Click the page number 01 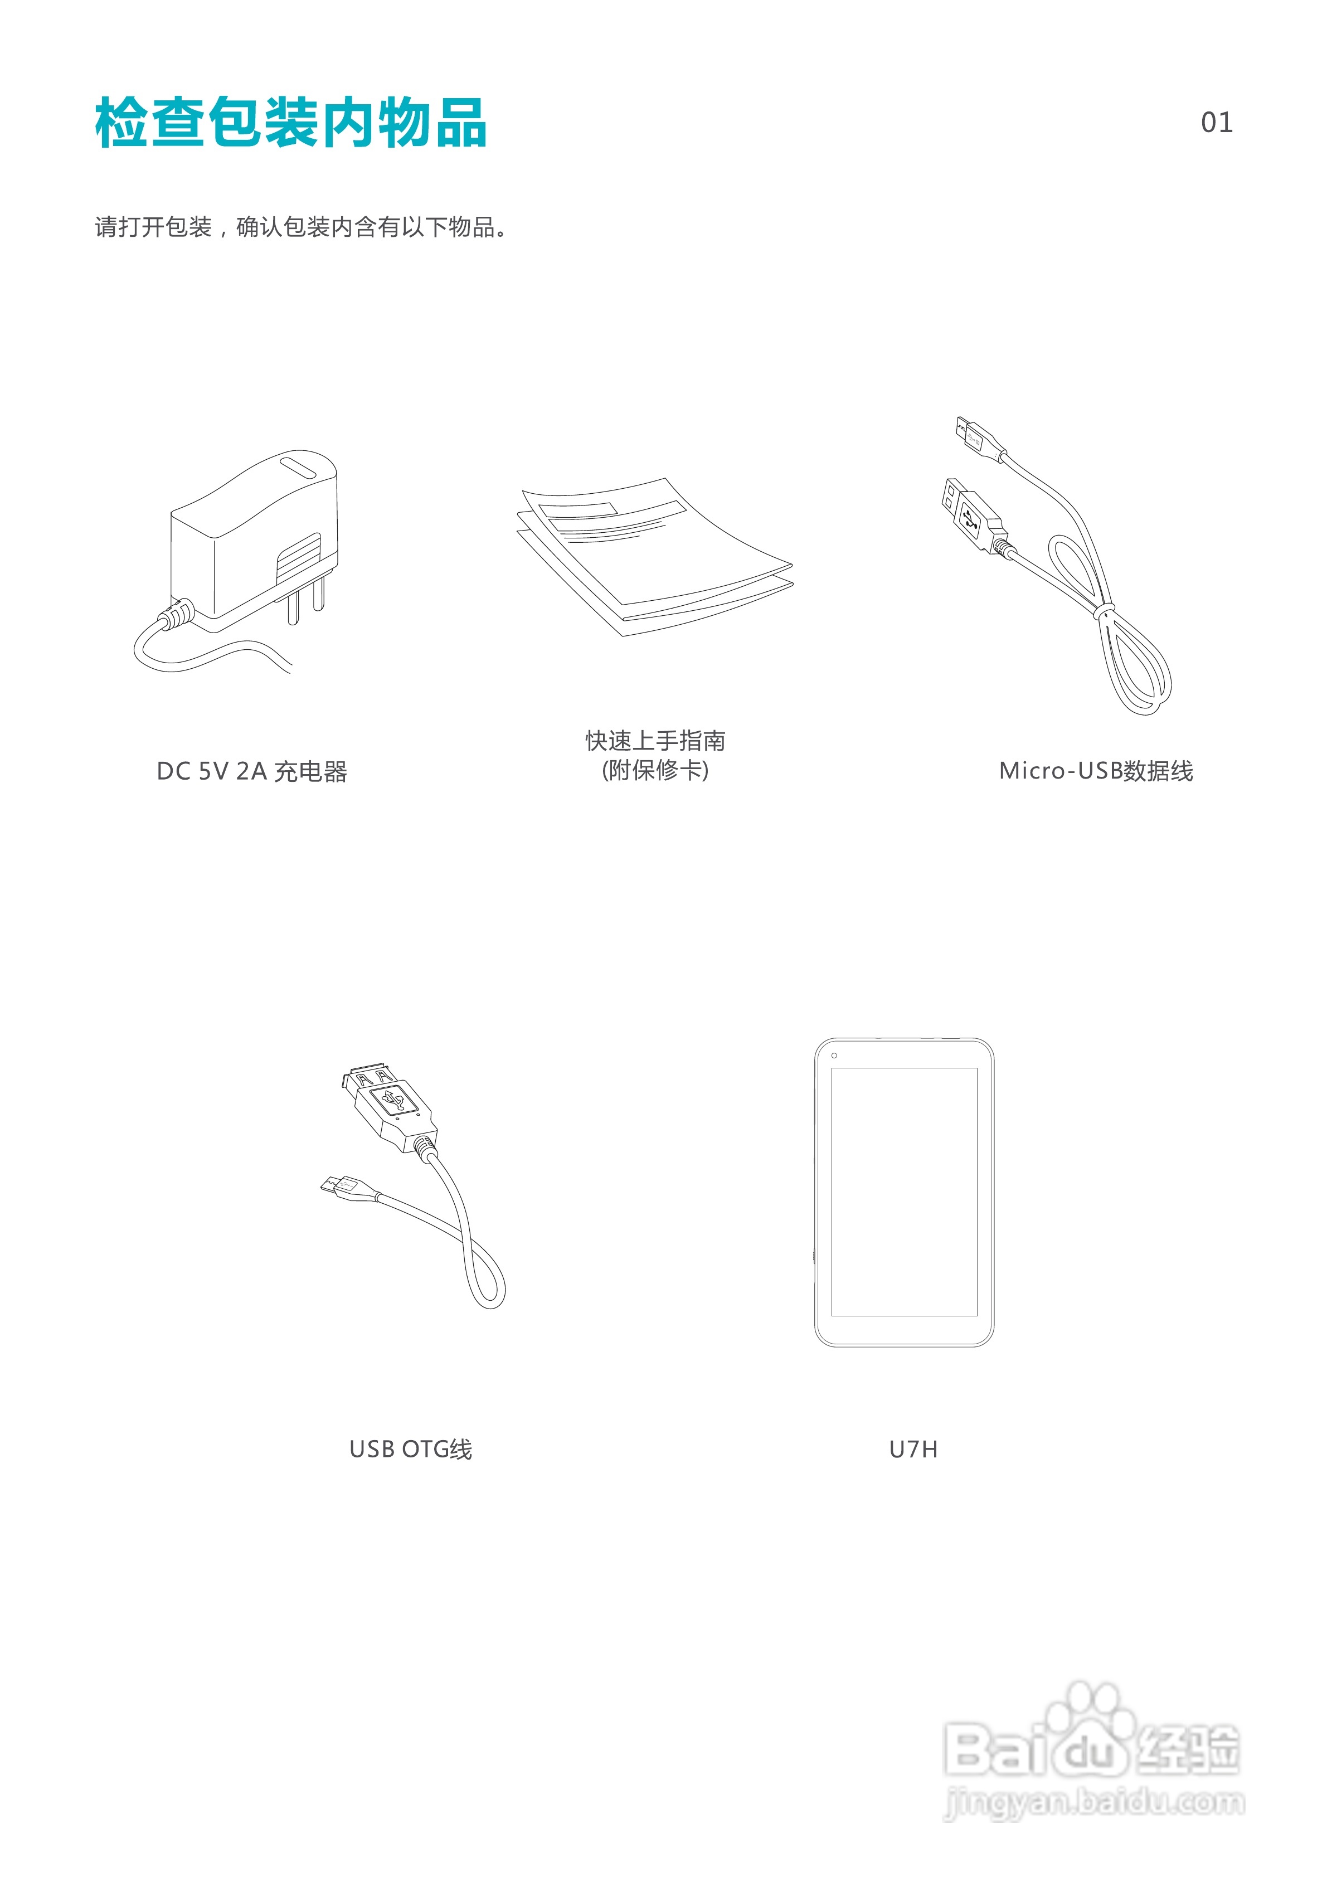[x=1216, y=123]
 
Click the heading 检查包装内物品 [x=291, y=123]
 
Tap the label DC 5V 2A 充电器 [x=252, y=771]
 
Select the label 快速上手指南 [x=655, y=741]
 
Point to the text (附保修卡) [x=655, y=770]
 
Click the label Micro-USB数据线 [x=1096, y=771]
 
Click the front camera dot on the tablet [x=834, y=1056]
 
